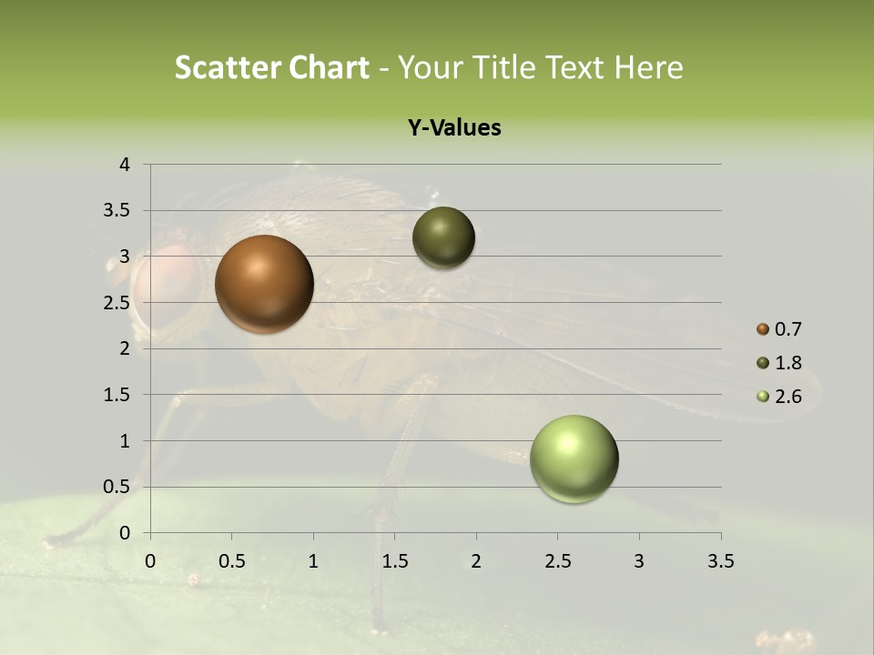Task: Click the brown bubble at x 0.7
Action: tap(264, 284)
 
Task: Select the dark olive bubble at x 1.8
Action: tap(443, 237)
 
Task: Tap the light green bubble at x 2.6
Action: tap(574, 458)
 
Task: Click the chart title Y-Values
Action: tap(453, 128)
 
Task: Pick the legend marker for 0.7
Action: tap(763, 329)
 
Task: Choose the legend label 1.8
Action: tap(788, 363)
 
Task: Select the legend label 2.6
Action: tap(788, 397)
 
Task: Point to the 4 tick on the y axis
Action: tap(125, 165)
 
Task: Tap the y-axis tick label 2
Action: tap(125, 348)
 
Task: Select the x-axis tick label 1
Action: tap(313, 561)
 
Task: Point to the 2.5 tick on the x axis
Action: tap(557, 561)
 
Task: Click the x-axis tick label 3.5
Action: tap(720, 561)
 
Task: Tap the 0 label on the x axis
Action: tap(150, 561)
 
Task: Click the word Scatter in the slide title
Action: tap(228, 67)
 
